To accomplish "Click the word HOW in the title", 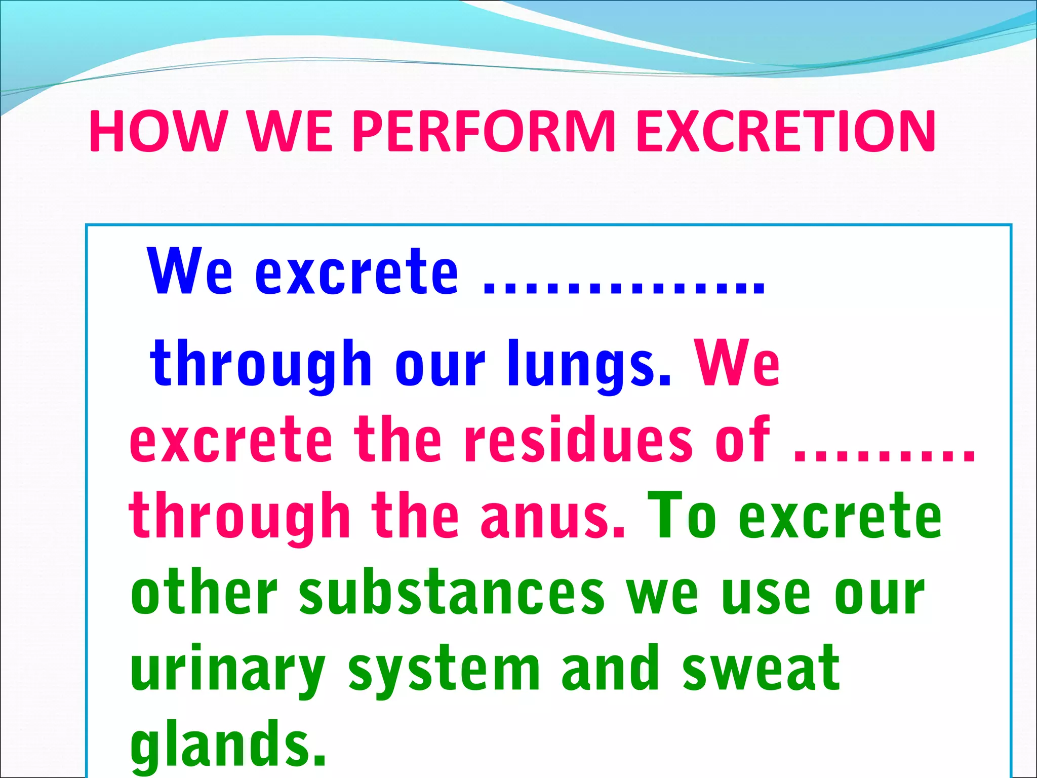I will (x=157, y=131).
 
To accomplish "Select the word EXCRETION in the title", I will (x=785, y=131).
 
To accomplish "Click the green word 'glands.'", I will (x=228, y=745).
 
